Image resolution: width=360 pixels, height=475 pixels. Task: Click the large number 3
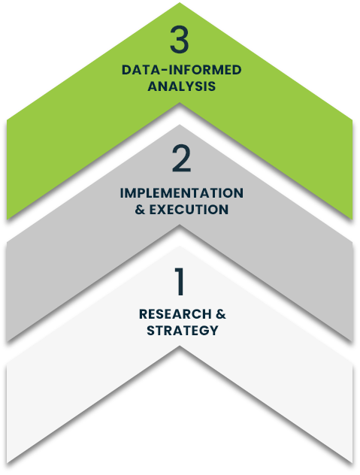(x=180, y=39)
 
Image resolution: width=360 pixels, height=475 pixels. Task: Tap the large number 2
(x=181, y=159)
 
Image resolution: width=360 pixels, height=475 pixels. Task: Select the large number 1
(x=180, y=281)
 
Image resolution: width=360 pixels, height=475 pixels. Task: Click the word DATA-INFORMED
(x=182, y=70)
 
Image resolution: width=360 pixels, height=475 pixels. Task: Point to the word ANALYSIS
(x=182, y=86)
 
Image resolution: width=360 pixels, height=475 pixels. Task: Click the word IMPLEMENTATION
(x=182, y=193)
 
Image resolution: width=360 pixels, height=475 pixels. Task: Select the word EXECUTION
(x=189, y=210)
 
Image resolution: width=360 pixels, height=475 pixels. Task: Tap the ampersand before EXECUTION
(x=140, y=210)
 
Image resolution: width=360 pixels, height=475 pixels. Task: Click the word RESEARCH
(x=175, y=314)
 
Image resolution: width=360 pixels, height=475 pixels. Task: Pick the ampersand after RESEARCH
(x=221, y=314)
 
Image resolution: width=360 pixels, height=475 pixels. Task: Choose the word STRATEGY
(x=183, y=331)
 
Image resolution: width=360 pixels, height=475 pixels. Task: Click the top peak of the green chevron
(x=180, y=3)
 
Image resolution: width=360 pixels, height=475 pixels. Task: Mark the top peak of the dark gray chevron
(x=180, y=125)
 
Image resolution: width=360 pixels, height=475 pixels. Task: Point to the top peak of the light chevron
(x=180, y=247)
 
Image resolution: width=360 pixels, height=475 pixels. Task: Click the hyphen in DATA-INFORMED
(x=163, y=71)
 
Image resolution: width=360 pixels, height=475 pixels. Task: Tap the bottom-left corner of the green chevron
(x=7, y=219)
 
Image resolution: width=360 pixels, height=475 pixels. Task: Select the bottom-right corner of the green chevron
(x=352, y=219)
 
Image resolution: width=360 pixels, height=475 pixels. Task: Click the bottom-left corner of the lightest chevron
(x=7, y=462)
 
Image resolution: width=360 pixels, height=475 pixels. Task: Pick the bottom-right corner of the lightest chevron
(x=352, y=462)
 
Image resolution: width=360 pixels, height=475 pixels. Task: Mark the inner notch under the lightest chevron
(x=180, y=346)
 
